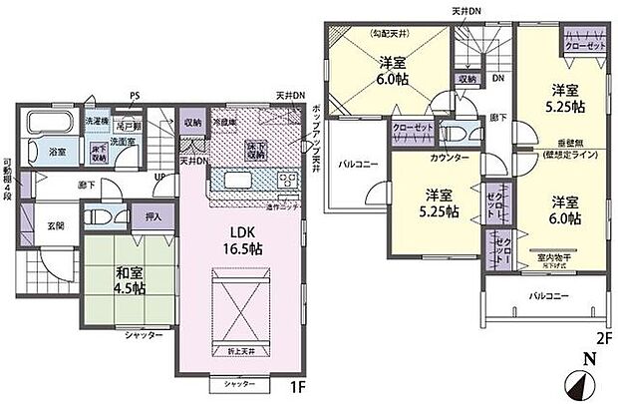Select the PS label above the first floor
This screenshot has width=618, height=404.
click(x=135, y=97)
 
